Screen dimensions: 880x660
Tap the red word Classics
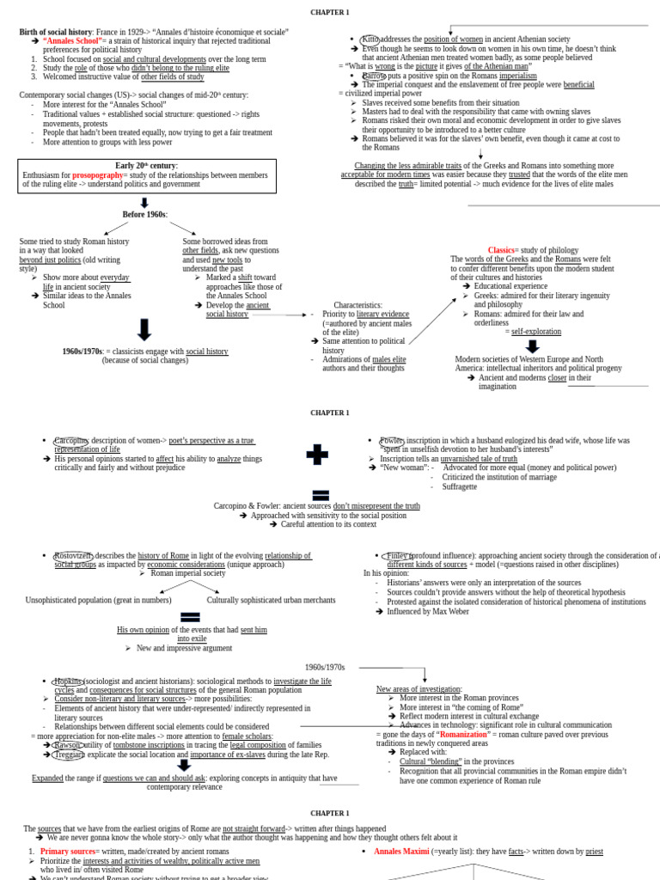tap(500, 250)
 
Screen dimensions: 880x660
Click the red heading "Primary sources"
tap(67, 851)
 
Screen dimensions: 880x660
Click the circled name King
tap(370, 40)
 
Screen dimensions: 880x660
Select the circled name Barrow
tap(374, 76)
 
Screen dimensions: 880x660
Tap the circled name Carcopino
tap(71, 440)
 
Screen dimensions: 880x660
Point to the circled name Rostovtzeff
tap(73, 555)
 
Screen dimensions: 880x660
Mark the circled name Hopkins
tap(70, 681)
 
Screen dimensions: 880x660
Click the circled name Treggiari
tap(69, 755)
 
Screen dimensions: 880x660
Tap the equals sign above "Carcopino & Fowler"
tap(321, 494)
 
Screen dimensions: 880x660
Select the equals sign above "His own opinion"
tap(191, 617)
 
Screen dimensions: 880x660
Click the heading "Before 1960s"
tap(144, 214)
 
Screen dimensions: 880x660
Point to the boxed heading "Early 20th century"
tap(146, 165)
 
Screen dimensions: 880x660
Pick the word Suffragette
tap(460, 486)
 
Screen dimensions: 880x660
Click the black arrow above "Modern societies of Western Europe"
tap(532, 346)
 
